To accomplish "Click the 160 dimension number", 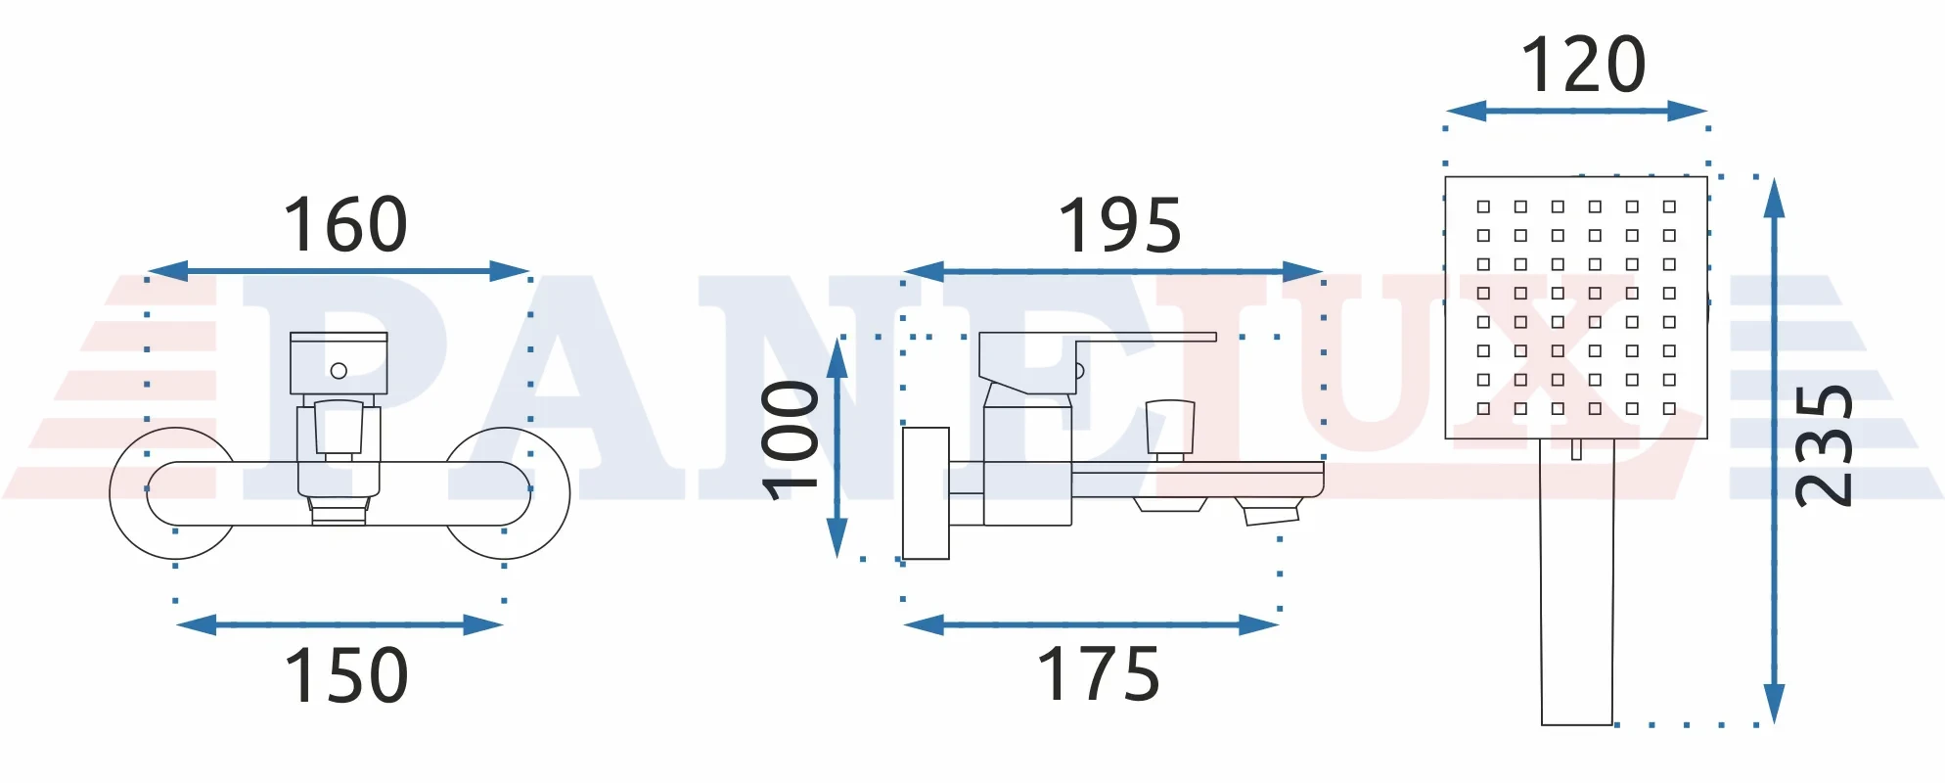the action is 345,224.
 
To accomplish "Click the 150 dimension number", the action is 346,675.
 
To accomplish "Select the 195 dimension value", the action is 1120,225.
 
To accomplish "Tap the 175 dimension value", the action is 1099,674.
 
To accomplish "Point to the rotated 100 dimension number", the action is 791,439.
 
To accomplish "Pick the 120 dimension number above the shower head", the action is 1583,65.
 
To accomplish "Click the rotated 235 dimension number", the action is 1824,445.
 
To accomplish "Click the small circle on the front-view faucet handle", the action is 339,371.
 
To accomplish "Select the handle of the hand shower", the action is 1577,581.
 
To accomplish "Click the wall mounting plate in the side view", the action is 926,493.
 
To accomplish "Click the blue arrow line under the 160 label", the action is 339,271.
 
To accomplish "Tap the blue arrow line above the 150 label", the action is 339,624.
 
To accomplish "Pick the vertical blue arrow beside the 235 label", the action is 1774,451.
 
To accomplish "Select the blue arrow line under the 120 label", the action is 1576,111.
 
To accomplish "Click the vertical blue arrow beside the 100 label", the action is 837,448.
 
